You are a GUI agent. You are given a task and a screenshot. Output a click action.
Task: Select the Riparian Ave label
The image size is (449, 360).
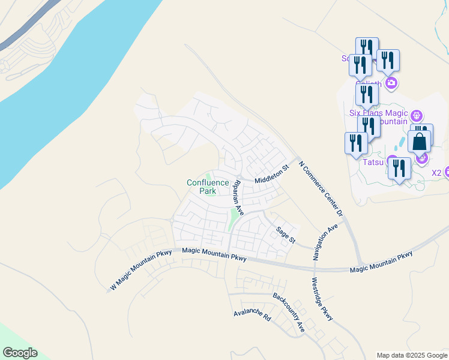tap(238, 197)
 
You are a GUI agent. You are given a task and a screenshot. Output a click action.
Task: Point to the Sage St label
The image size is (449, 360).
tap(286, 235)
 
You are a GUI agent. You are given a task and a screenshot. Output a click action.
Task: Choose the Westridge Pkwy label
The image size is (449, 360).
tap(322, 299)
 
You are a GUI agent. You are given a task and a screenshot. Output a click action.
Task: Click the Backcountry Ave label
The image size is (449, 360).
tap(289, 312)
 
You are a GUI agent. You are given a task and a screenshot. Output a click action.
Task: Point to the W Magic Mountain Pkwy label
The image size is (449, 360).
tap(140, 271)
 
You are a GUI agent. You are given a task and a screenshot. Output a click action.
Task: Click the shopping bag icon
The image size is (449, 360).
tap(419, 142)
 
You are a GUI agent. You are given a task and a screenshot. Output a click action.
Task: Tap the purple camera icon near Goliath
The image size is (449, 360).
tap(391, 82)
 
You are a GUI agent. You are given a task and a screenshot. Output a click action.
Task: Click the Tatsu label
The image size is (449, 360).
tap(373, 161)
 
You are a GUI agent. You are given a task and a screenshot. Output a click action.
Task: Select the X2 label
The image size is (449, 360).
tap(436, 173)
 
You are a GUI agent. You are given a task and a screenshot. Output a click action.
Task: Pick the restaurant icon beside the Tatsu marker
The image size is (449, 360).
tap(400, 169)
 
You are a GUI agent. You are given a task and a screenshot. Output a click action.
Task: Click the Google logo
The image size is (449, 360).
tap(20, 353)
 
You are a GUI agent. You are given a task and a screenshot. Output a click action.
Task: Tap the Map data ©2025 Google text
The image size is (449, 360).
tap(412, 355)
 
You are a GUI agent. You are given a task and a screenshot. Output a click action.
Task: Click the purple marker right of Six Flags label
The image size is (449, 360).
tap(418, 115)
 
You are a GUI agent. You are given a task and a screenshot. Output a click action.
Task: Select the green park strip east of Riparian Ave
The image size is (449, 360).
tap(233, 219)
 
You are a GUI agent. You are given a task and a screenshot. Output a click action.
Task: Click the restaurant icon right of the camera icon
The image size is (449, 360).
tap(388, 61)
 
